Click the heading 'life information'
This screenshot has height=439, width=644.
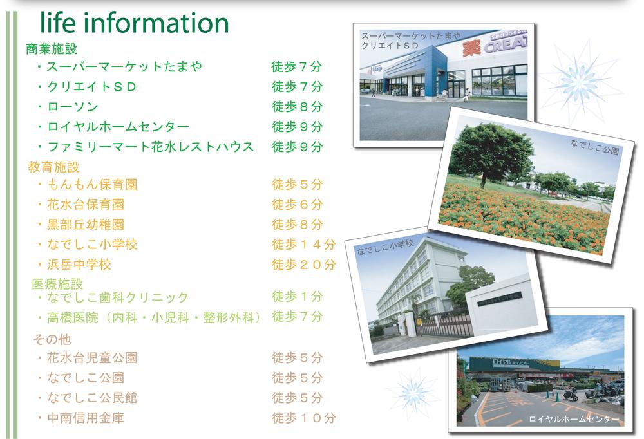134,23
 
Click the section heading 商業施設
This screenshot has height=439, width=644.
52,48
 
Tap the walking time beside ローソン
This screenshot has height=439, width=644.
297,107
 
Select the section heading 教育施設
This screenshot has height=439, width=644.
54,167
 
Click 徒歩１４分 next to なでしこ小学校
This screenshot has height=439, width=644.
303,245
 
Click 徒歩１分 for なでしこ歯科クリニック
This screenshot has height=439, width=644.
297,297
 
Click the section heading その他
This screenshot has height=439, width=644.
52,339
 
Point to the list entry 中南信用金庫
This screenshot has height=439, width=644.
86,418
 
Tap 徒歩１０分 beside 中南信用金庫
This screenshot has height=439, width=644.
303,418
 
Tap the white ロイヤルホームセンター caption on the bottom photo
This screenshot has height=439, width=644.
574,420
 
